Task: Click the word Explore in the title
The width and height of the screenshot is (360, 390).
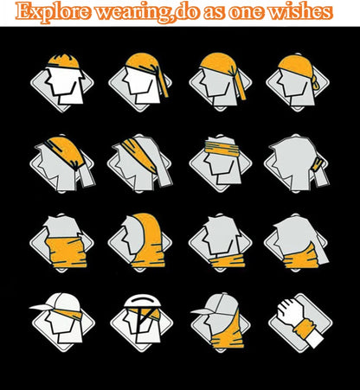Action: click(x=52, y=12)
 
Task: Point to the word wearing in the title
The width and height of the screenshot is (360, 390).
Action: click(x=133, y=13)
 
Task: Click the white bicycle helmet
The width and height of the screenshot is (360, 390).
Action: click(x=141, y=301)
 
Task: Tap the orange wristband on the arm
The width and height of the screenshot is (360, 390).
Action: click(x=305, y=329)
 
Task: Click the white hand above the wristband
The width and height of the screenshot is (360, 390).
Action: click(x=291, y=312)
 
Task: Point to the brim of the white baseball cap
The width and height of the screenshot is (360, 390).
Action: click(x=41, y=307)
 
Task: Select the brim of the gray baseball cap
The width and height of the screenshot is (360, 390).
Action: click(x=202, y=310)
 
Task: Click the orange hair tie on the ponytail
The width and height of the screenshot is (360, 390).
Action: click(x=318, y=163)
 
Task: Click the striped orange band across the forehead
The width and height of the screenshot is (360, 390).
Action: click(x=222, y=148)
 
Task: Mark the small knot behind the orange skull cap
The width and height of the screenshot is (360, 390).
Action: click(x=317, y=83)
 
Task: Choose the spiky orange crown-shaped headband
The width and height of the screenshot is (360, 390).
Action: click(x=63, y=61)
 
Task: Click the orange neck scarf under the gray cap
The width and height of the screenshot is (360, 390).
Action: click(x=228, y=331)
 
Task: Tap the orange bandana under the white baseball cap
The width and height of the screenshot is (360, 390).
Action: click(x=68, y=314)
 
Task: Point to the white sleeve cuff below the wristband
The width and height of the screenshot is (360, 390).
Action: click(x=314, y=340)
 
